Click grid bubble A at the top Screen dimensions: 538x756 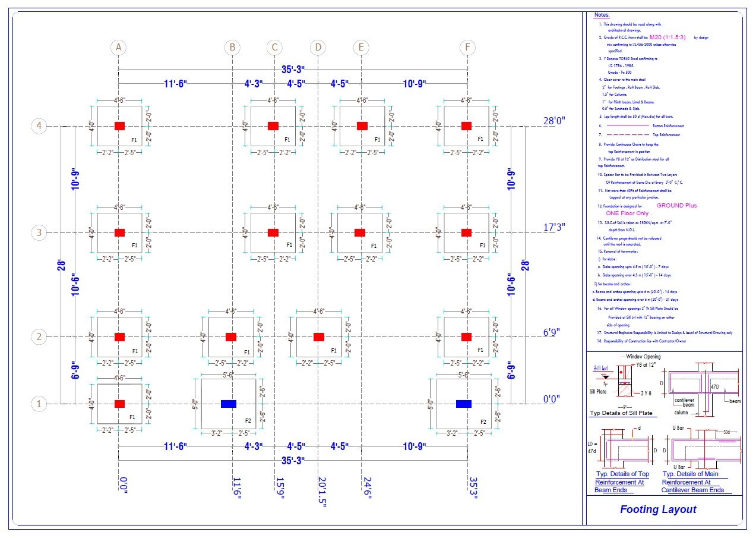[119, 47]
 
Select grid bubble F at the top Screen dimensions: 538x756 [467, 47]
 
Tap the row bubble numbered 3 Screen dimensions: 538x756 [39, 232]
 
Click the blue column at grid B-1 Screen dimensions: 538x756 [228, 404]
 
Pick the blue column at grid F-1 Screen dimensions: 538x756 [464, 404]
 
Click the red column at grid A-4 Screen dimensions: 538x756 [119, 125]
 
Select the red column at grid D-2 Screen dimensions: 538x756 [319, 337]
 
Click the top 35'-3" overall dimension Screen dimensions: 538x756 [294, 70]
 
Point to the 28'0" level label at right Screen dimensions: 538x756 [554, 121]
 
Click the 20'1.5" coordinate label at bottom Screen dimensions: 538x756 [321, 491]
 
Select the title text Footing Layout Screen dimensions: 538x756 [658, 509]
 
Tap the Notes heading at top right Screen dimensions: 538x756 [602, 14]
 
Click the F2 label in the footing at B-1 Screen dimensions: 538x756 [248, 421]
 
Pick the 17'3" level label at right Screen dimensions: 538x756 [554, 227]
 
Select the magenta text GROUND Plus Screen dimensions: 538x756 [676, 206]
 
